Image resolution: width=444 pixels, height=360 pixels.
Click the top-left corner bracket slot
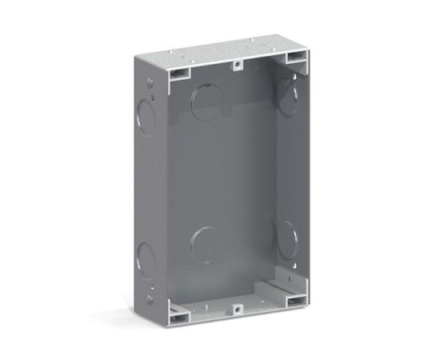click(x=179, y=73)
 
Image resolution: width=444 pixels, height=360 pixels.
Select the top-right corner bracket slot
click(x=295, y=58)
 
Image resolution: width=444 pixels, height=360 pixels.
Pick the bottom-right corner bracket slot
click(x=294, y=299)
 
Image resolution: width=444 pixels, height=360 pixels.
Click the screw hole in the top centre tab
click(x=238, y=66)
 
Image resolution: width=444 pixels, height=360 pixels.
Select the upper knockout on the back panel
click(x=207, y=102)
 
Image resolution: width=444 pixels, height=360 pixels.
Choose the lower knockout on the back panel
click(x=208, y=245)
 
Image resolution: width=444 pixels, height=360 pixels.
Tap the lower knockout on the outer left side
click(x=146, y=258)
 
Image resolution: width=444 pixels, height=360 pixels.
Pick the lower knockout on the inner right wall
click(x=287, y=238)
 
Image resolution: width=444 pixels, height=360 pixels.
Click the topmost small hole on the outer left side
click(x=151, y=82)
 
